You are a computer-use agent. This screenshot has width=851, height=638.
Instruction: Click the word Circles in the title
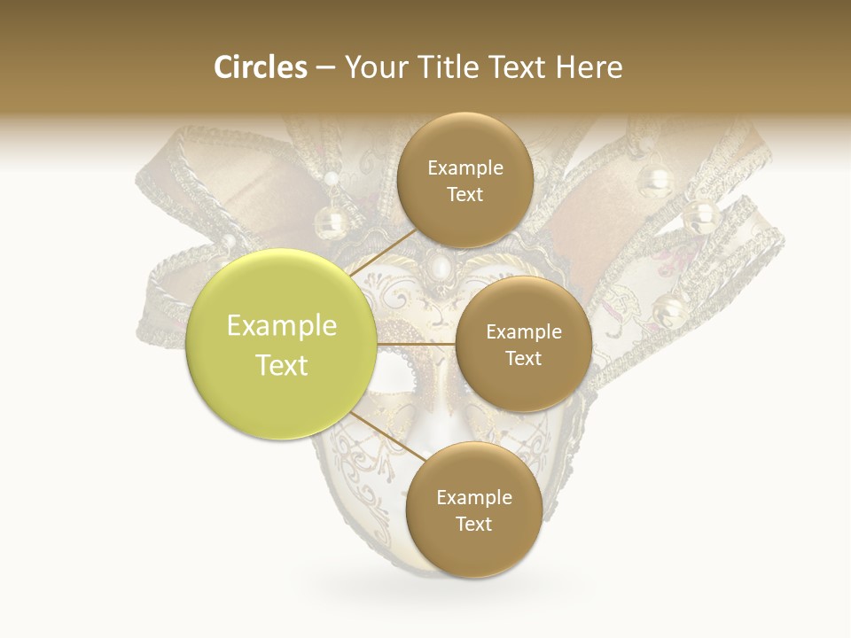coord(260,67)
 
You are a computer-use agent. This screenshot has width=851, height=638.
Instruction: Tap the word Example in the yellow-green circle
coord(282,326)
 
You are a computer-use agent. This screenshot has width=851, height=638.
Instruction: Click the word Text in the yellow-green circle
coord(282,365)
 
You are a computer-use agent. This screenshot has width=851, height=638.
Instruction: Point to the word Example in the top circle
coord(465,168)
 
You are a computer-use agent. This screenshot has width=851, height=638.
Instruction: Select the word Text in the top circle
coord(465,195)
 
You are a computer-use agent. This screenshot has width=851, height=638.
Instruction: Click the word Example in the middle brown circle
coord(523,332)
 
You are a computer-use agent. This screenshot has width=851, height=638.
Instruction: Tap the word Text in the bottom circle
coord(473,525)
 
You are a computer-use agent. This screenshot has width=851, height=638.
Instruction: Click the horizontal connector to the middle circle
coord(417,344)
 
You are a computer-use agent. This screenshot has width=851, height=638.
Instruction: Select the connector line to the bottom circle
coord(386,434)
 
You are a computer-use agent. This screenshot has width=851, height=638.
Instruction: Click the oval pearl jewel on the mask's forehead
coord(437,268)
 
